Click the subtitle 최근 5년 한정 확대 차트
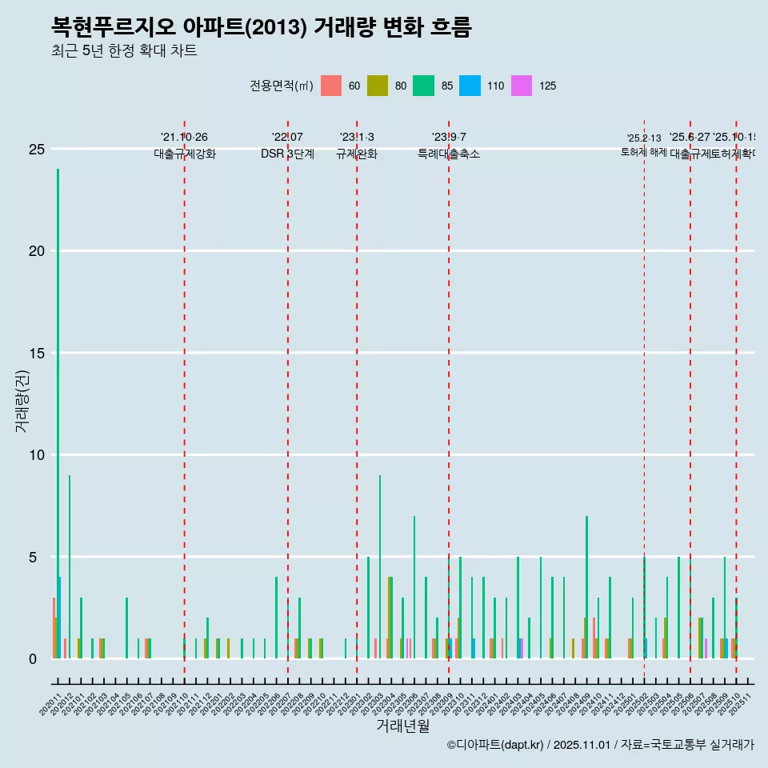coord(124,51)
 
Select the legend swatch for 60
coord(331,86)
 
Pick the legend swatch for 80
coord(378,86)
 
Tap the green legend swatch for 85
coord(423,86)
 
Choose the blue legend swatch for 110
coord(470,86)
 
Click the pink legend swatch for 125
coord(522,86)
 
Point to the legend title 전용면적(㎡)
coord(282,86)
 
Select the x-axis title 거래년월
coord(402,726)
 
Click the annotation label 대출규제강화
coord(185,154)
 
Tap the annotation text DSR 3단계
coord(287,154)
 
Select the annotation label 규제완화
coord(357,154)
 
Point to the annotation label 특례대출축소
coord(449,154)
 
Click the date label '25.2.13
coord(644,138)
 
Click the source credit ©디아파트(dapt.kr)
coord(496,745)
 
